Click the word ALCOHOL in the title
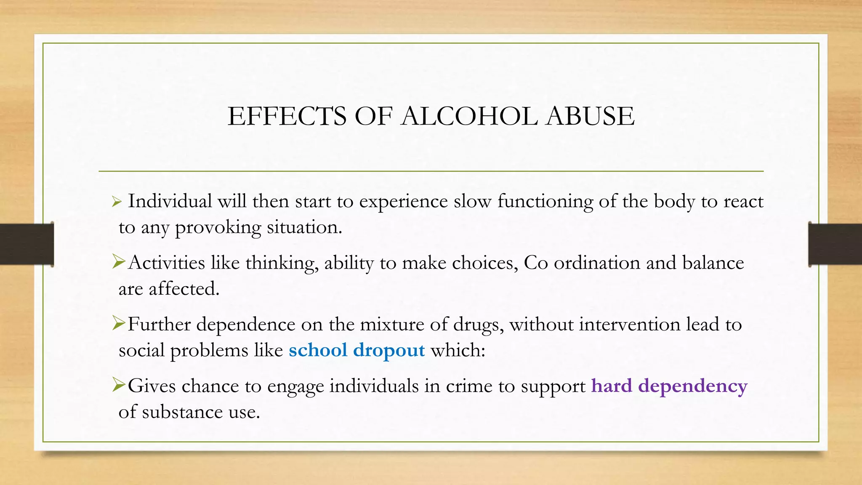tap(469, 116)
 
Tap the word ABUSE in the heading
tap(590, 116)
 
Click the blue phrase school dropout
tap(357, 350)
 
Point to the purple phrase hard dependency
tap(669, 386)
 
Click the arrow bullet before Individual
tap(117, 203)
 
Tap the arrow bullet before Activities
tap(119, 263)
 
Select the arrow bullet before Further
tap(119, 324)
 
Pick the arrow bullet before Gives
tap(119, 385)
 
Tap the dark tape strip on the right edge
tap(835, 245)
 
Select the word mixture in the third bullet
tap(392, 325)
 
